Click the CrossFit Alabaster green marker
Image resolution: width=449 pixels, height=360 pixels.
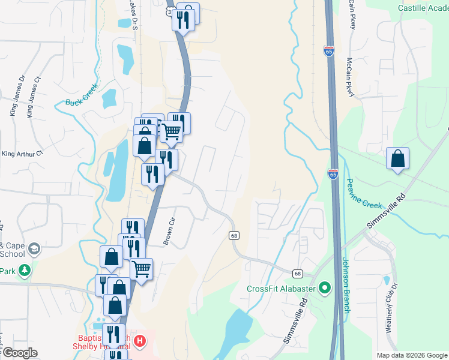pyautogui.click(x=325, y=288)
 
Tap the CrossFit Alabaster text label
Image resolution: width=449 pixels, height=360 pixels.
pyautogui.click(x=282, y=288)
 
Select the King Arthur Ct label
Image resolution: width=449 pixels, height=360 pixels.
pyautogui.click(x=22, y=153)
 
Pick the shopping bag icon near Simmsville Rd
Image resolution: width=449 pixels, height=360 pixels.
pyautogui.click(x=397, y=158)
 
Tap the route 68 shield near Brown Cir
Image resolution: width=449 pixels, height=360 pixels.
pyautogui.click(x=234, y=235)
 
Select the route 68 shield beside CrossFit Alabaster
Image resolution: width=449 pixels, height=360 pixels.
pyautogui.click(x=298, y=274)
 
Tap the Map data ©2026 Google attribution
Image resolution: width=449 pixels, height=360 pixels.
pyautogui.click(x=412, y=355)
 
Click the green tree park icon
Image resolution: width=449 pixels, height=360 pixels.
pyautogui.click(x=24, y=271)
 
